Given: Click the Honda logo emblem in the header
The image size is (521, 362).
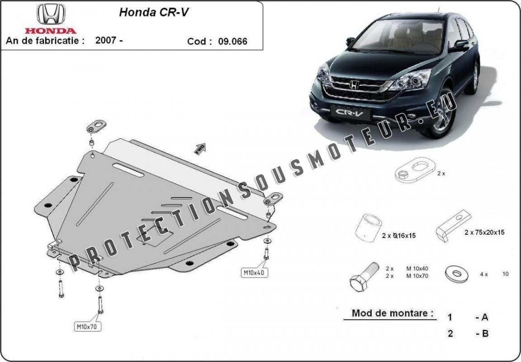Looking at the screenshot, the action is tap(51, 14).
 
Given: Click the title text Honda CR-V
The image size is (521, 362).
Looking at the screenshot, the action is tap(154, 12).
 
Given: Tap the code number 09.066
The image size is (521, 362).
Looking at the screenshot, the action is tap(232, 42).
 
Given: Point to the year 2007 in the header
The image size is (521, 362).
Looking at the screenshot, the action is tap(106, 40).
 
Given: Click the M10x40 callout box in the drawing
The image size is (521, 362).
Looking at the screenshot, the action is tap(254, 273).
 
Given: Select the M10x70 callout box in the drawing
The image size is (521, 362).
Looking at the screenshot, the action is tap(87, 326).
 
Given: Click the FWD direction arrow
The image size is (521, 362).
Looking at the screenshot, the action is tap(200, 149).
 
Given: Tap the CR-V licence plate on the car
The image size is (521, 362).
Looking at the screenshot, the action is tap(350, 113).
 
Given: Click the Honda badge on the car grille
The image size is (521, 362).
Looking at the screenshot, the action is tap(354, 85).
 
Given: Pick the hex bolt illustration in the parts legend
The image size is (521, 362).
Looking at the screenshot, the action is tap(364, 276).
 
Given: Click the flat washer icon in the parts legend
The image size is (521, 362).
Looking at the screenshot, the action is tap(456, 274).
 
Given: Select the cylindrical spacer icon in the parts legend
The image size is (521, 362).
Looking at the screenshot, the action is tap(368, 227).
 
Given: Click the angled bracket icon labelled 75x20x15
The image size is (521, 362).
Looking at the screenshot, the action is tap(453, 225).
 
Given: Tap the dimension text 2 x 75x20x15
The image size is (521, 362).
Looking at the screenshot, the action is tap(484, 232).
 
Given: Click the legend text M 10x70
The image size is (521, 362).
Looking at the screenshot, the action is tap(417, 276).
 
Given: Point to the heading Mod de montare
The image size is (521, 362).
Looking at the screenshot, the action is tap(393, 313).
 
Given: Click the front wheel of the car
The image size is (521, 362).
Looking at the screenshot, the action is tap(441, 112).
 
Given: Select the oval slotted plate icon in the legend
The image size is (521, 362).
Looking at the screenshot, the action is tap(415, 170).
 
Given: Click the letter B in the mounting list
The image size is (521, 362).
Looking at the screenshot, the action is tap(485, 334).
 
